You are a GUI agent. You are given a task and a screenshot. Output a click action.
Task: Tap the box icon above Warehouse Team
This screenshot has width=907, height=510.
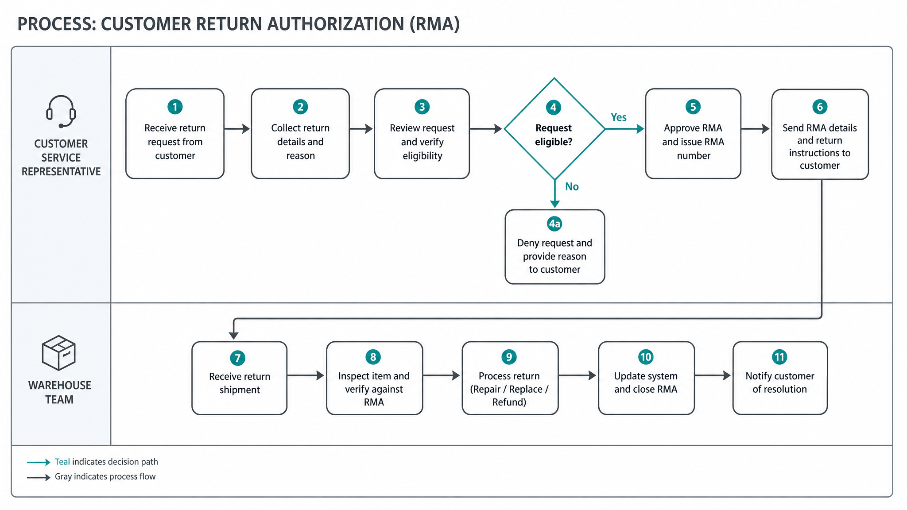58,353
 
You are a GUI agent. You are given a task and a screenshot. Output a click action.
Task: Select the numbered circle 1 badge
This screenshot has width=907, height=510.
175,107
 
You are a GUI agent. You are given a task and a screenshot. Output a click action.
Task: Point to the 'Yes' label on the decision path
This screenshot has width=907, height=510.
618,117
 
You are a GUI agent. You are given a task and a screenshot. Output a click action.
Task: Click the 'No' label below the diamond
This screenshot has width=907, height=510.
572,187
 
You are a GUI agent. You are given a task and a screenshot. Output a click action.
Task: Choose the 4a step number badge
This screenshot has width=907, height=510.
554,224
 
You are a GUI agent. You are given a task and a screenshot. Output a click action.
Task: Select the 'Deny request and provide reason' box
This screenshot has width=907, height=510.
555,247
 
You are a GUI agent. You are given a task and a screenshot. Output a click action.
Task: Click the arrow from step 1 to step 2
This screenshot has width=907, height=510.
237,129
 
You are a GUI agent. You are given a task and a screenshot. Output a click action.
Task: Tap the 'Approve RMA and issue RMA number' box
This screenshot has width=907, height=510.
693,134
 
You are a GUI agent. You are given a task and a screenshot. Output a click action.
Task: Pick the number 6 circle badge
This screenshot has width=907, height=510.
820,107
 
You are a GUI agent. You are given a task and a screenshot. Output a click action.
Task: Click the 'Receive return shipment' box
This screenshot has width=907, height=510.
240,378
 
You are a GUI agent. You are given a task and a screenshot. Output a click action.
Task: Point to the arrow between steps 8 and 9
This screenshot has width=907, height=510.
442,375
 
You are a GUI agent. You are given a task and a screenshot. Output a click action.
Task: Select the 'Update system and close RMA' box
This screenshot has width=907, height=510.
646,378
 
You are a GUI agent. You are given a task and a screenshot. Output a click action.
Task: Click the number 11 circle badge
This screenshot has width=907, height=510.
779,357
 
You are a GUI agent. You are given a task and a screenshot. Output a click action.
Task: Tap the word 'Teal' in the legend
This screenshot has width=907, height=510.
62,462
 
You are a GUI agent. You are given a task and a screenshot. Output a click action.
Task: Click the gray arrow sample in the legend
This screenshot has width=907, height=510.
39,477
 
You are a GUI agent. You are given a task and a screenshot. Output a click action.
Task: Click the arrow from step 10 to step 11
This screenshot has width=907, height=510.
713,375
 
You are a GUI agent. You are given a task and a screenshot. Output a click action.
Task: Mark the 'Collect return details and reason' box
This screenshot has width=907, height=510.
300,134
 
